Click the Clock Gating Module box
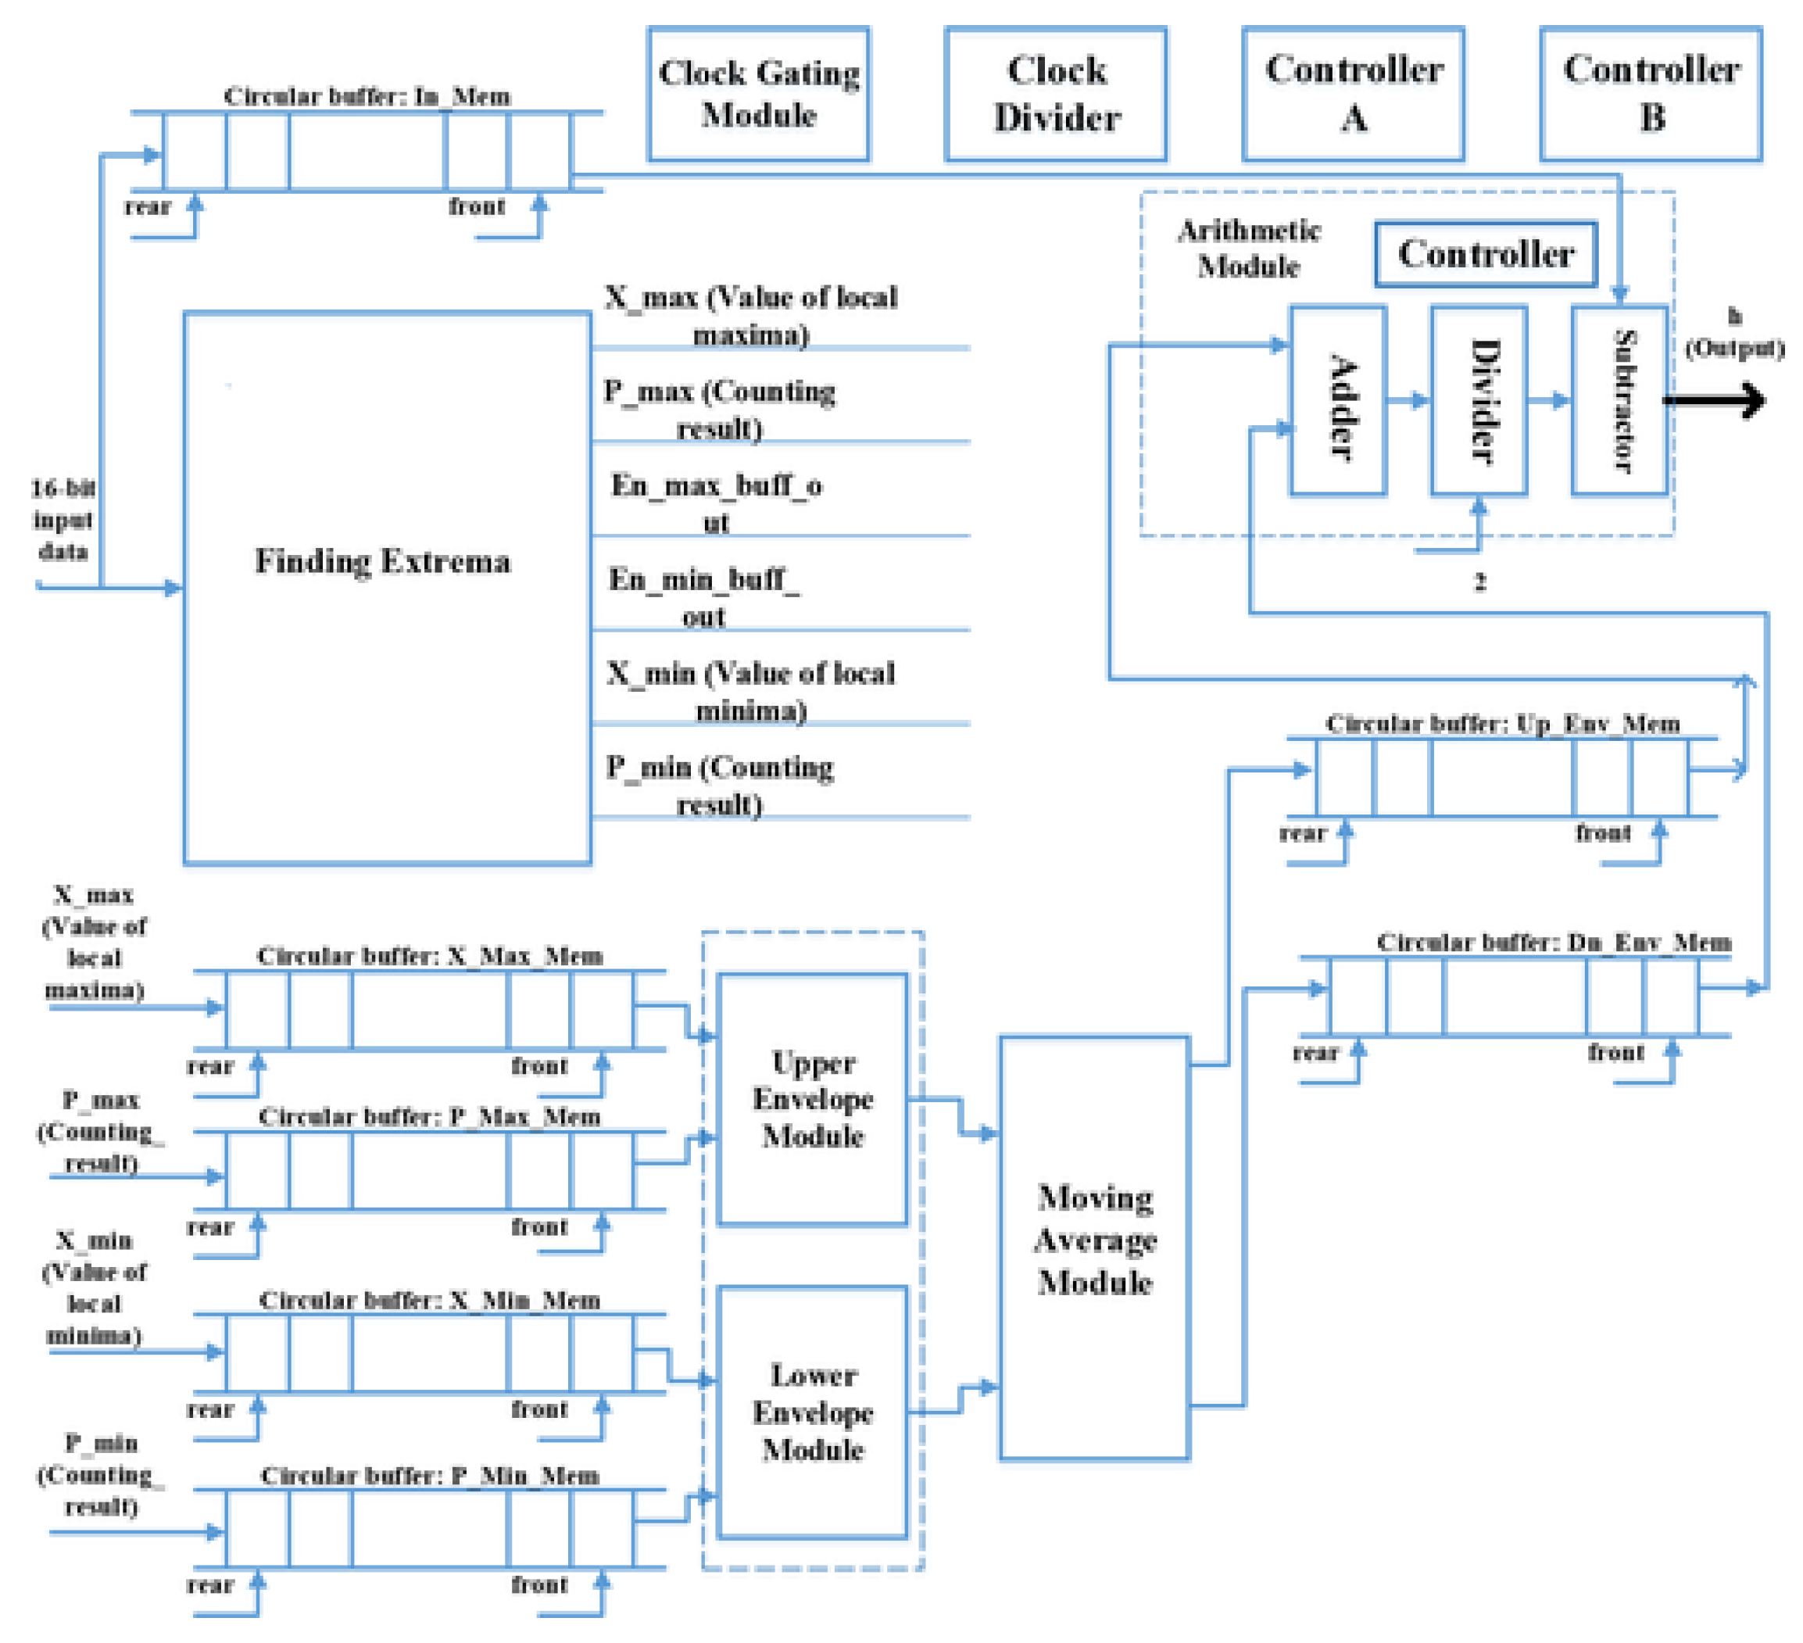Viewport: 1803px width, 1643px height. [x=758, y=94]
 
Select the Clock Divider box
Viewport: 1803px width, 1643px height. [x=1056, y=94]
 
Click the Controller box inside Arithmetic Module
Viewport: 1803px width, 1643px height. [x=1486, y=255]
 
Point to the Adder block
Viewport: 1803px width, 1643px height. [x=1338, y=401]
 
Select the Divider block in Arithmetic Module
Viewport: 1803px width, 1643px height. [x=1479, y=401]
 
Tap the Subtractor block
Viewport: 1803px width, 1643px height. [x=1619, y=401]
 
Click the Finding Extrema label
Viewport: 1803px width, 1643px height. [x=383, y=562]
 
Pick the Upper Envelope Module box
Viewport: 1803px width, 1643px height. [x=812, y=1099]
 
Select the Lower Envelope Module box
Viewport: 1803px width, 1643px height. [x=812, y=1412]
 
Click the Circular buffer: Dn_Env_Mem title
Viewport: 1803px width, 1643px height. [x=1554, y=942]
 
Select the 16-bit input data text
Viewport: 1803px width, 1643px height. [x=63, y=520]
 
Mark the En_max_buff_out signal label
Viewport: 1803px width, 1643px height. [x=717, y=503]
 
